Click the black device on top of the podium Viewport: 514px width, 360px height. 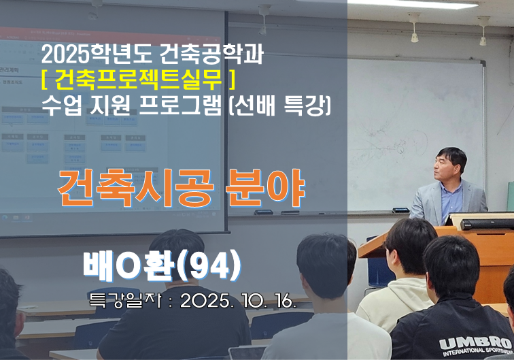pyautogui.click(x=487, y=223)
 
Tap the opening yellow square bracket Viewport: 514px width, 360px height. pyautogui.click(x=44, y=80)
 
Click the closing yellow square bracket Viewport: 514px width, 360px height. pyautogui.click(x=233, y=80)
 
